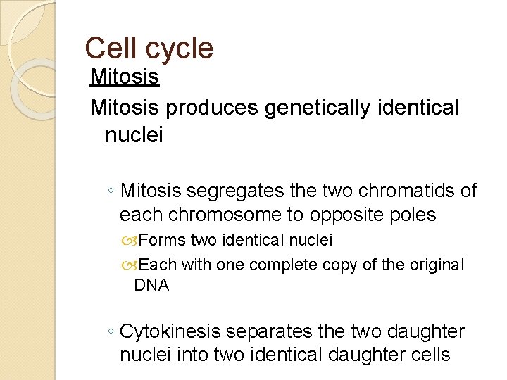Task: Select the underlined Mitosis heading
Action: pos(125,77)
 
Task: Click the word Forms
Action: pos(163,241)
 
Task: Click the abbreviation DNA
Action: pos(151,285)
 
